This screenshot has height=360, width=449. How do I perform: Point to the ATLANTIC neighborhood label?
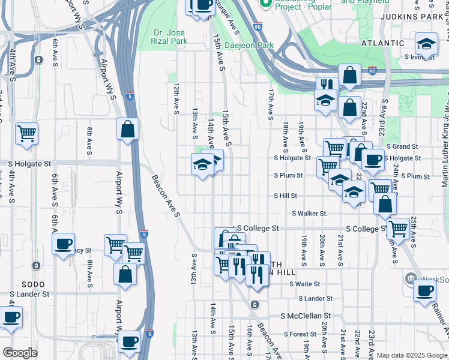click(x=382, y=43)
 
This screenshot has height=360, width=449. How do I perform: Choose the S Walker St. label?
click(x=309, y=214)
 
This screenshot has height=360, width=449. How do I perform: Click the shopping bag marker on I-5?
click(x=127, y=128)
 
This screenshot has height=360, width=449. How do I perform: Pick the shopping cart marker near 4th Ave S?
click(x=26, y=133)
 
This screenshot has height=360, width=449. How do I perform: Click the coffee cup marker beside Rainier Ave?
click(x=425, y=290)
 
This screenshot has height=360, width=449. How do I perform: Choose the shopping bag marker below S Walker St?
click(x=385, y=205)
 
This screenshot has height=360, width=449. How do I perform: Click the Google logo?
click(x=20, y=353)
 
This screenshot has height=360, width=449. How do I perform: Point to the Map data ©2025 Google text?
click(x=411, y=355)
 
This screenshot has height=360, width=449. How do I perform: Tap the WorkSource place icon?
click(x=411, y=278)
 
